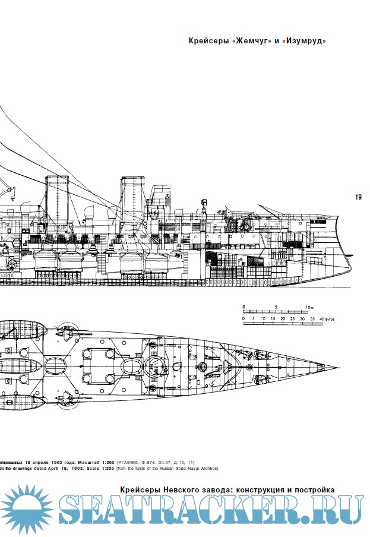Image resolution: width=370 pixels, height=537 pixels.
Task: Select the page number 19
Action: [x=358, y=198]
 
